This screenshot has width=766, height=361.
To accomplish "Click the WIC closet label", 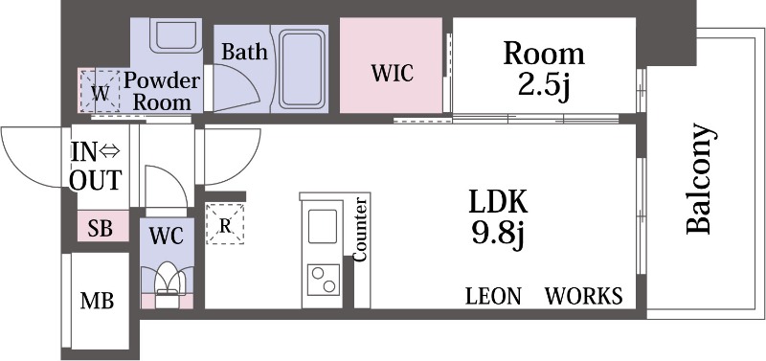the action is tap(393, 73).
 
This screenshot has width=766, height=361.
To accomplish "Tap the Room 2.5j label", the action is tap(544, 70).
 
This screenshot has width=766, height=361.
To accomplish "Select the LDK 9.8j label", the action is tap(498, 218).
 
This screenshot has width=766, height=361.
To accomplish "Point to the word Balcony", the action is tap(699, 179).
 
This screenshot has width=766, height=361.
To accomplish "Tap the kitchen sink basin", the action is tap(322, 226).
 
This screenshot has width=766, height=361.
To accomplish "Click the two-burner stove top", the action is tap(323, 280).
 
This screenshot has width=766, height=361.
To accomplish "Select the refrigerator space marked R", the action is tap(225, 224).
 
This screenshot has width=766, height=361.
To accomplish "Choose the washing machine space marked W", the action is tap(101, 91).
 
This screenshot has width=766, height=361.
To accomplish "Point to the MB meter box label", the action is tap(97, 301).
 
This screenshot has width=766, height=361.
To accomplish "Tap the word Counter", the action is tap(361, 229).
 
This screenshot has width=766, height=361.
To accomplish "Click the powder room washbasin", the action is tap(176, 35).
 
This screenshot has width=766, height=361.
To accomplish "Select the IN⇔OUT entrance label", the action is tap(95, 166).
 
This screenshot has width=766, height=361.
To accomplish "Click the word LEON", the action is tap(493, 296).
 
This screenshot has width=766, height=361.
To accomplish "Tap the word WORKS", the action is tap(584, 296).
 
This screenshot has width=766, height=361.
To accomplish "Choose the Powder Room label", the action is tap(161, 92).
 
